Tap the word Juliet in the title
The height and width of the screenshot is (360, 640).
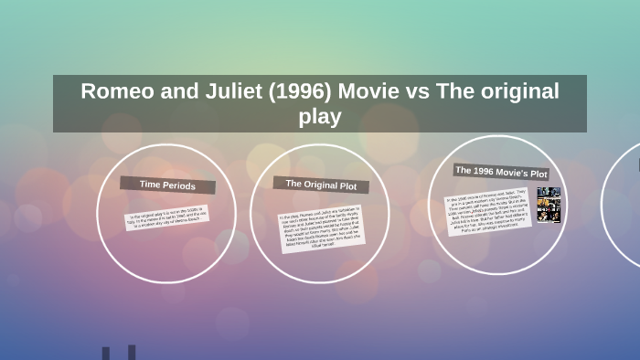click(x=219, y=91)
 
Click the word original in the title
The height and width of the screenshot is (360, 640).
click(x=516, y=91)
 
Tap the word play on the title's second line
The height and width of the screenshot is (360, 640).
click(x=320, y=116)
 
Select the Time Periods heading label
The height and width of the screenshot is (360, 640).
click(x=166, y=185)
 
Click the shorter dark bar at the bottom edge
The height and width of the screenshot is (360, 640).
click(x=107, y=354)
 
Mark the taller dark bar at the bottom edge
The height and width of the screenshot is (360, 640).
click(x=132, y=352)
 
